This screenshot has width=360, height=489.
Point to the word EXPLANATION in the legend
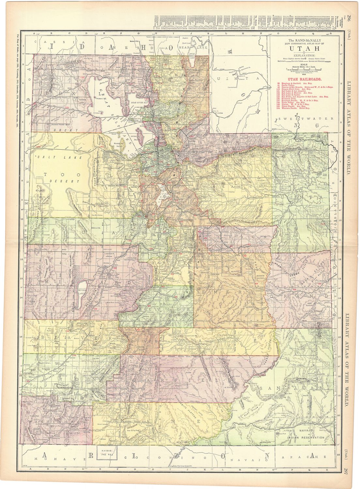pos(302,54)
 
